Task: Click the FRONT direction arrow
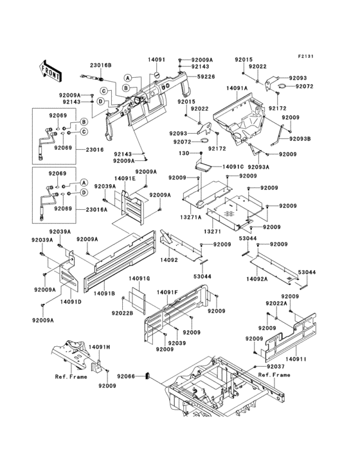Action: click(x=51, y=67)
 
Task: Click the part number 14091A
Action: click(x=237, y=87)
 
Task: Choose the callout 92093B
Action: click(x=300, y=138)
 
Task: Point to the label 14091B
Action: click(x=104, y=293)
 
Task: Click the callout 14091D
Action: click(x=70, y=300)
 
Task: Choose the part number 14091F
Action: click(x=166, y=291)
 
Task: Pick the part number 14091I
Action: click(x=296, y=358)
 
